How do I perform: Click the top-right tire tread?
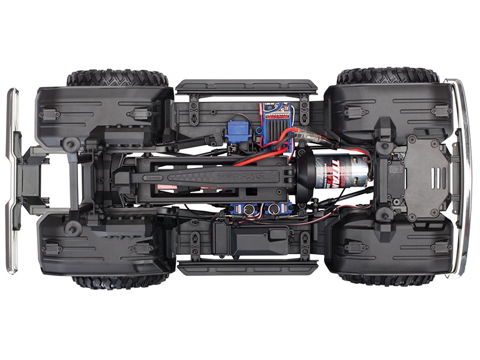point(388,76)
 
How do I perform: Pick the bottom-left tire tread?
point(119,281)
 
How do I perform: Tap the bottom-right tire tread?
point(386,279)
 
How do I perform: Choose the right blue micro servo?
point(278,209)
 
